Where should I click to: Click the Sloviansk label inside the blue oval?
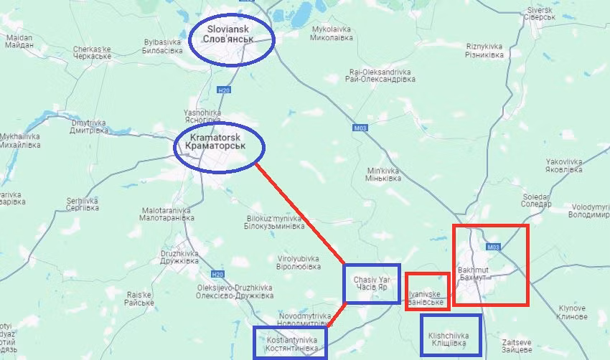232,33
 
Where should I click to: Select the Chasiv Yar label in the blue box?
372,283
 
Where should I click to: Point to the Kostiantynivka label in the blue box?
289,343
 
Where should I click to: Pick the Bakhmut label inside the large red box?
473,273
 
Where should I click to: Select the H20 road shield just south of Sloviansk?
225,90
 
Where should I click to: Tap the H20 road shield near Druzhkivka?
217,274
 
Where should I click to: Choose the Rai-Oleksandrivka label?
382,75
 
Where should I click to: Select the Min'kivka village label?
383,174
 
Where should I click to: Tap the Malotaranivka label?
166,214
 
